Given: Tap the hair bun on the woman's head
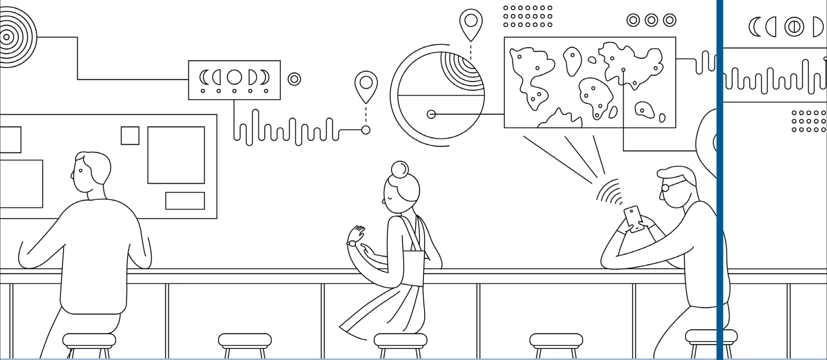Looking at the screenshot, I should click(x=400, y=169).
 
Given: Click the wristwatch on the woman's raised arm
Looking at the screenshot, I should click(x=352, y=243).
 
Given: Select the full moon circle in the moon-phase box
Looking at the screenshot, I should click(x=234, y=77).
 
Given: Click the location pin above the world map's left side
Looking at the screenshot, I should click(x=471, y=22).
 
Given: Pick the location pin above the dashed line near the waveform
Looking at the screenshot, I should click(x=366, y=84).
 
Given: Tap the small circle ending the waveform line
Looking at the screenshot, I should click(x=366, y=130).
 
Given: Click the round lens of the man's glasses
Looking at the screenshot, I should click(x=665, y=188).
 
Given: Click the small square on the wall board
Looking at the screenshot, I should click(x=130, y=135).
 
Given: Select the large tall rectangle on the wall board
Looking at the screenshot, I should click(x=176, y=155).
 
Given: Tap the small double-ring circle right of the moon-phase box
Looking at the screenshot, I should click(x=294, y=79).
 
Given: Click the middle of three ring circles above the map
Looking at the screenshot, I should click(x=651, y=20).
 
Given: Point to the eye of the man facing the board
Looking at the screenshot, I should click(x=81, y=171).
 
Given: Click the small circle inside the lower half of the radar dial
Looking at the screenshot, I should click(x=431, y=114).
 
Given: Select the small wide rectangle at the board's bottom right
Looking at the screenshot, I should click(x=185, y=200).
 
